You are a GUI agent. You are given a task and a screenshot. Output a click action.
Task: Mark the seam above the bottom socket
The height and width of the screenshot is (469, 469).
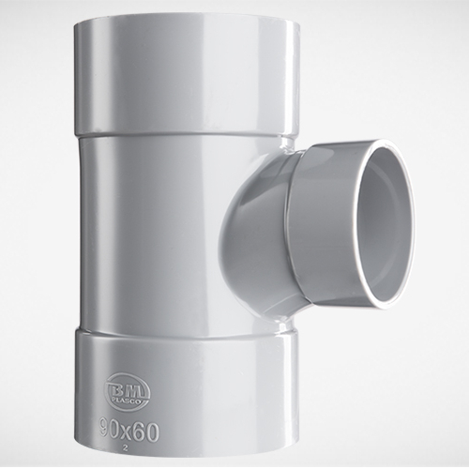183,329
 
